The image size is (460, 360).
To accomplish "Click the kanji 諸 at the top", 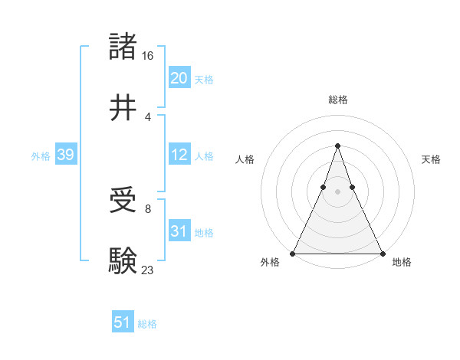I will tap(123, 47).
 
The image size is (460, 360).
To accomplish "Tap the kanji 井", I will tap(123, 107).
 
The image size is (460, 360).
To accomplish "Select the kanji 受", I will tap(123, 201).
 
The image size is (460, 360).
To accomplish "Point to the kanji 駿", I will tap(123, 260).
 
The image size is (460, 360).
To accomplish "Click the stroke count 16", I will tap(149, 56).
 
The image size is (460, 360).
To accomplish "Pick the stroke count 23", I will tap(148, 269).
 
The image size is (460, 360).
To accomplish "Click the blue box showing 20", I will tap(179, 78).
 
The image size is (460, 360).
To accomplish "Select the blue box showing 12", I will tap(179, 155).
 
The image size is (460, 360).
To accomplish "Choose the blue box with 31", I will tap(179, 231).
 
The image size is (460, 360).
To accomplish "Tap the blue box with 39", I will tap(65, 155).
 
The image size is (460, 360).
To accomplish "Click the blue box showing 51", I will tap(122, 322).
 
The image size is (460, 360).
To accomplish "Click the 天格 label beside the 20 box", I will tap(203, 80).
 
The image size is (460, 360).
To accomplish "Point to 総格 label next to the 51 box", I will tap(147, 324).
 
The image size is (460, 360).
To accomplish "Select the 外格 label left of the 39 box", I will tap(41, 156).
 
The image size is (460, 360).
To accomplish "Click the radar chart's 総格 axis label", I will tap(337, 100).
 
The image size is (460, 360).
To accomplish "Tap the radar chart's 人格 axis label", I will tap(245, 159).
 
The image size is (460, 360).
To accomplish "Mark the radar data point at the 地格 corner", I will tap(382, 253).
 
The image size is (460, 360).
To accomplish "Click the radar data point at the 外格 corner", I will tap(293, 253).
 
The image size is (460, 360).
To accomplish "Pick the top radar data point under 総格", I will tap(337, 146).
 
